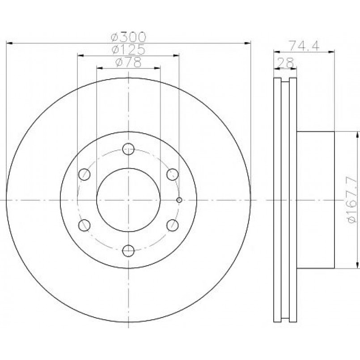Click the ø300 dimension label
(x=128, y=37)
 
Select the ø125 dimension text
(x=128, y=49)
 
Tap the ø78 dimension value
(x=128, y=62)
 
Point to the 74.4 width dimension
(x=304, y=46)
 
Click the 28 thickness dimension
(x=285, y=63)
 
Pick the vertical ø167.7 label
(x=352, y=199)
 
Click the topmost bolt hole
(x=128, y=149)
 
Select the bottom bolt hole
(x=128, y=251)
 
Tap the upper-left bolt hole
(x=84, y=174)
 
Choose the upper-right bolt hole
(x=173, y=174)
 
